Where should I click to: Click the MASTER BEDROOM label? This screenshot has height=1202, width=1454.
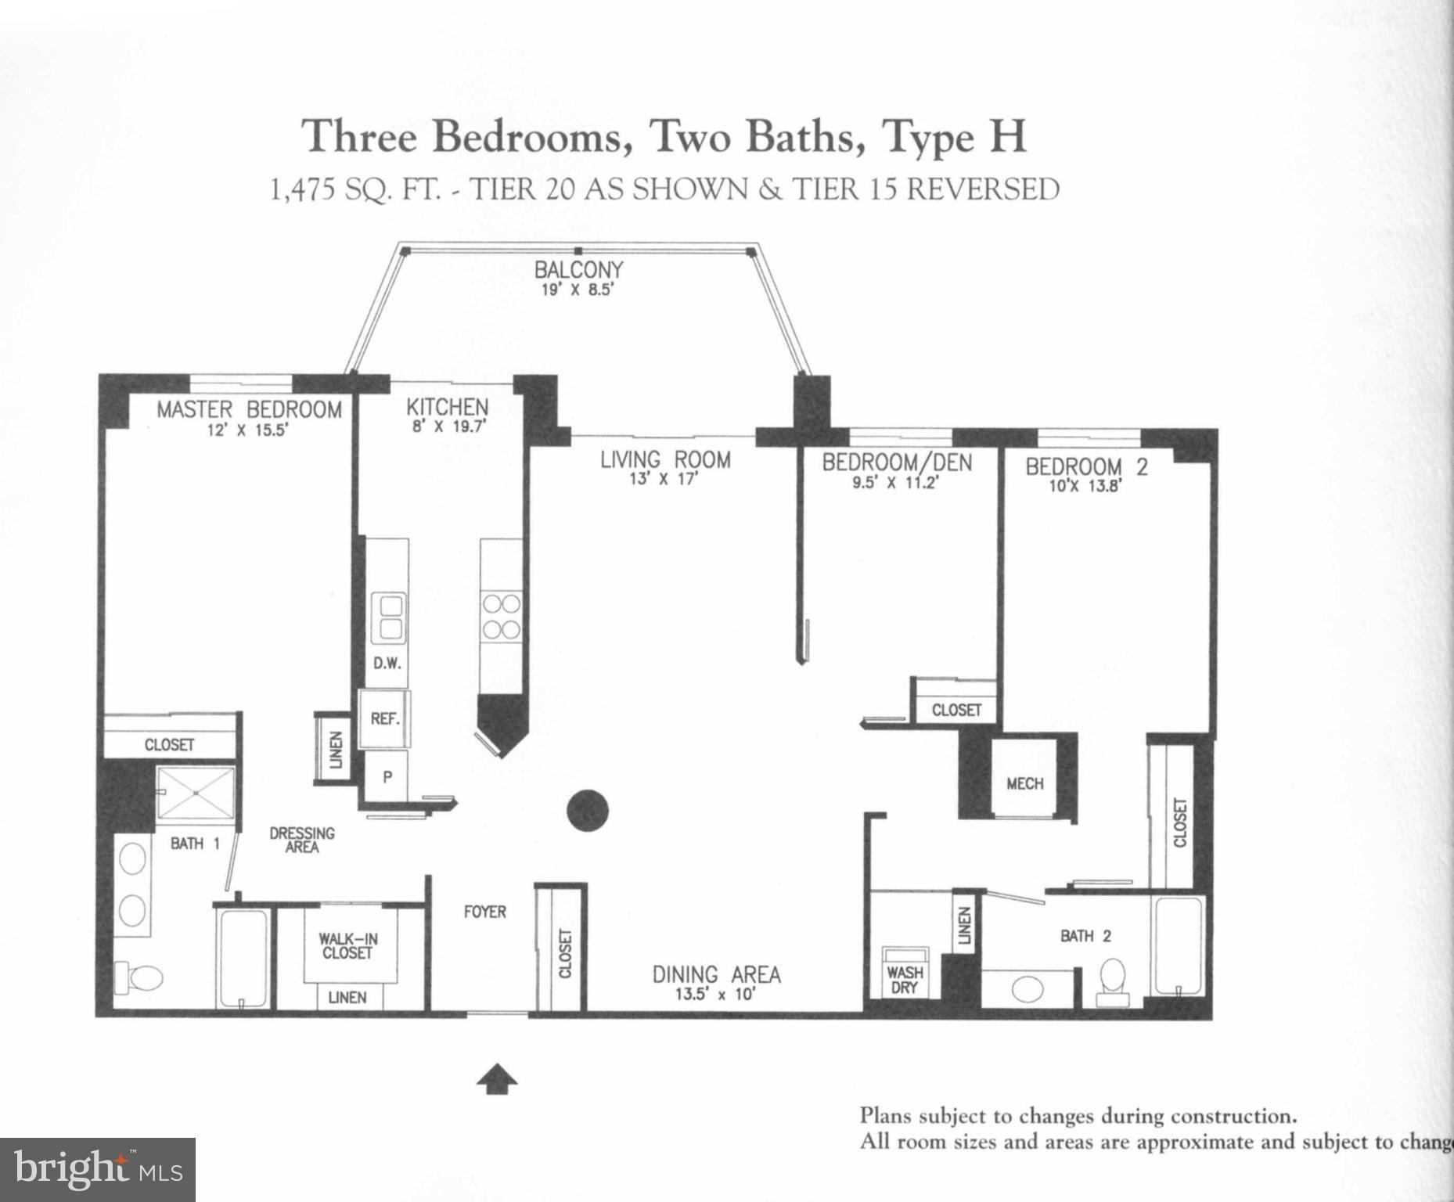pos(249,409)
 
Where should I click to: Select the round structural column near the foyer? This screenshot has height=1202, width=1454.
pos(587,811)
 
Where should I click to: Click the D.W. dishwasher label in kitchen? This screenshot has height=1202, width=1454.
pos(387,664)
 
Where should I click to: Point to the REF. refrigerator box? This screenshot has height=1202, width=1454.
pos(384,718)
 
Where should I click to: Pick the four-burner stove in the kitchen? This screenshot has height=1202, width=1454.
pos(501,617)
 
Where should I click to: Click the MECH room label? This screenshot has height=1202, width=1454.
pos(1024,783)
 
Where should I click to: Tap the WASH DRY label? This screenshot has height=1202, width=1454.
pos(905,979)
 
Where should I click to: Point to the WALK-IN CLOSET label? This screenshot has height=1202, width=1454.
pos(347,946)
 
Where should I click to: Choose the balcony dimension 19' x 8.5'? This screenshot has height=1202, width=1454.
pos(578,290)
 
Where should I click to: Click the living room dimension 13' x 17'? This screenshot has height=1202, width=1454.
pos(664,479)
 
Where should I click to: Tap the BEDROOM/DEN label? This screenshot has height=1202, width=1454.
pos(897,462)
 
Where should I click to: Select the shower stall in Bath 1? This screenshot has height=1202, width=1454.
pos(196,793)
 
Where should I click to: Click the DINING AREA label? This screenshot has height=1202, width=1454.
pos(716,974)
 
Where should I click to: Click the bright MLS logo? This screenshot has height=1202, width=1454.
pos(97,1170)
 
